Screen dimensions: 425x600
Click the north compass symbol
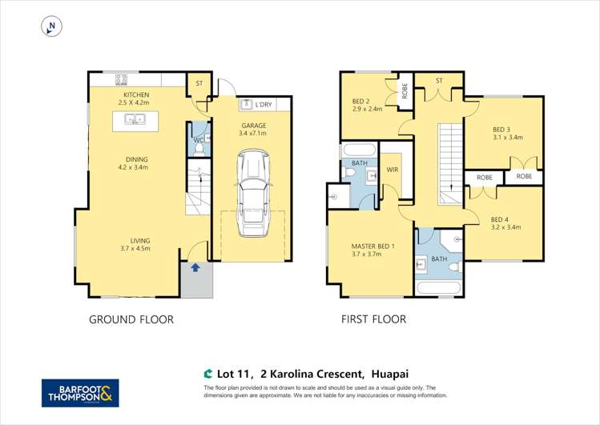[x=51, y=27]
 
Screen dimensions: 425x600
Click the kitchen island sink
[x=134, y=120]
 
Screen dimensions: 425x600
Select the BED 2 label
[x=361, y=102]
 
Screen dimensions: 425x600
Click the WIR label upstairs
[x=393, y=170]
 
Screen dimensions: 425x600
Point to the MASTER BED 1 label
[x=372, y=246]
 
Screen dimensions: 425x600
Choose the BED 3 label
[x=501, y=129]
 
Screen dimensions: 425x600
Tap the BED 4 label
[x=500, y=219]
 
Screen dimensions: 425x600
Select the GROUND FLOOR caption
[x=131, y=319]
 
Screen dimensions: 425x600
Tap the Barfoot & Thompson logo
[x=80, y=393]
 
